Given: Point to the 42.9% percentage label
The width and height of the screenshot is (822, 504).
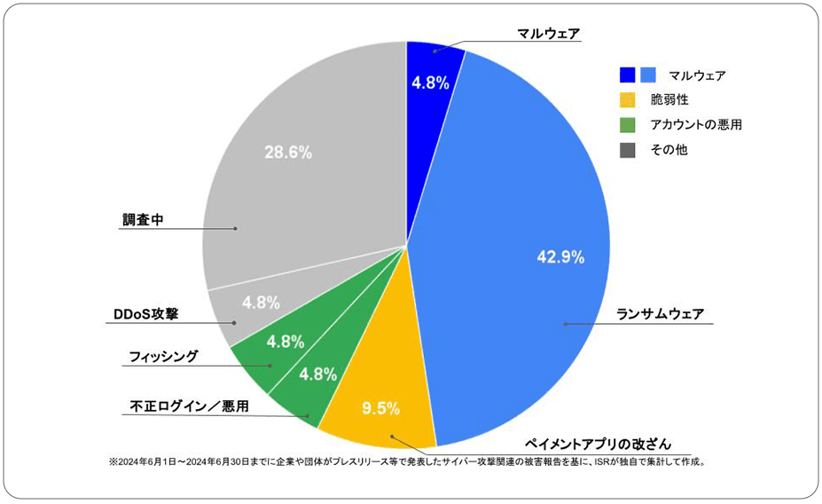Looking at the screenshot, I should pos(560,257).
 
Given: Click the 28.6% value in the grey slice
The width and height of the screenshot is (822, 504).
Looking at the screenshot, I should pos(288,153).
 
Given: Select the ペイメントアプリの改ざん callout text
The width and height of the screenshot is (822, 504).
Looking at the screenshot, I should pos(599,443).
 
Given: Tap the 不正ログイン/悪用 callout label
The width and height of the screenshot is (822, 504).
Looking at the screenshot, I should pos(184,406).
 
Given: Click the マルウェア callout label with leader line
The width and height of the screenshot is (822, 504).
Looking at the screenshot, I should pos(549,34).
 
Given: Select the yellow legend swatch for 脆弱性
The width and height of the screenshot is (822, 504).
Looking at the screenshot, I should pos(628,99).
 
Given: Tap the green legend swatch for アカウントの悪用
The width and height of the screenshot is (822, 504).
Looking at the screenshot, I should pos(628,125).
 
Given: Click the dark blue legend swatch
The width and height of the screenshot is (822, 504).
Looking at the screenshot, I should pos(628,75).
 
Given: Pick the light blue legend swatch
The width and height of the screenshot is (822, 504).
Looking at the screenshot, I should pos(647,75).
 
